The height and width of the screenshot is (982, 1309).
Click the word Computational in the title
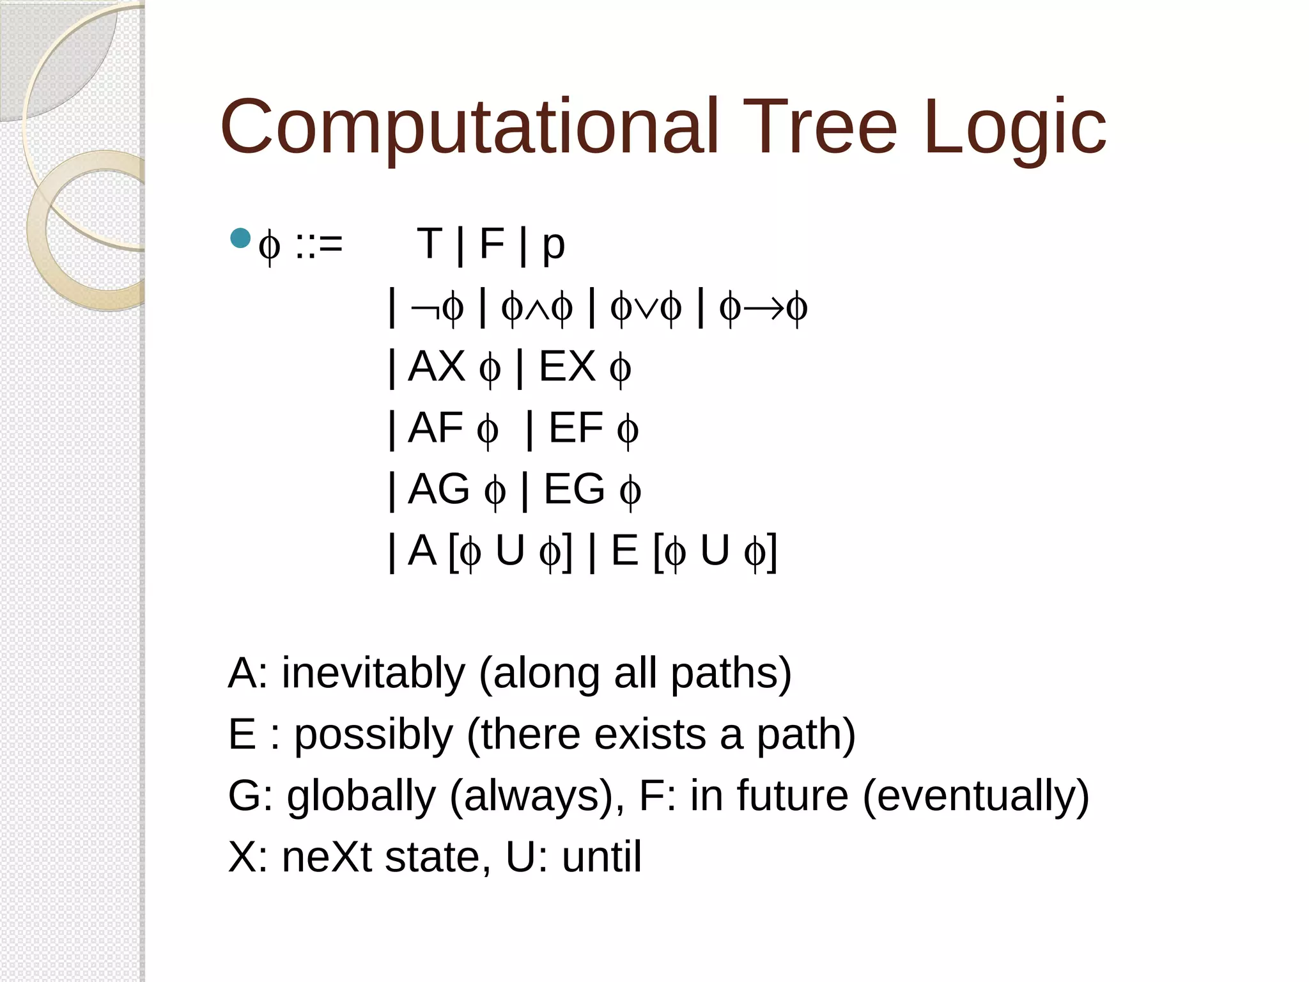click(470, 128)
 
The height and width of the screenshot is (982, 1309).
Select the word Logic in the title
click(1015, 128)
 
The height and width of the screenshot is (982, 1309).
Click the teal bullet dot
click(240, 238)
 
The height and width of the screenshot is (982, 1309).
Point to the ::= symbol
click(319, 244)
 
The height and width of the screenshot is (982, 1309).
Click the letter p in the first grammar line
click(554, 246)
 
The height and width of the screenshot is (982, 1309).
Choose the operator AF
click(435, 428)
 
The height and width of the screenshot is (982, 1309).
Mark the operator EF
click(575, 428)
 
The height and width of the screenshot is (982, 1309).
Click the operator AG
click(438, 489)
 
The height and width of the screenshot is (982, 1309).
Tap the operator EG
click(574, 489)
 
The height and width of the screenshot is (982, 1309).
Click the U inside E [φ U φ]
click(715, 550)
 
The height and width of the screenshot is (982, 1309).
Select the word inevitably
click(373, 673)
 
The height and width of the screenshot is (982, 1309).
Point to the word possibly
click(373, 735)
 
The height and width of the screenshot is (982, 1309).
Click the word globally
click(361, 796)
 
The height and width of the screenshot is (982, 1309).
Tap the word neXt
click(327, 857)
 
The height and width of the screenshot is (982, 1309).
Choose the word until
click(601, 857)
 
